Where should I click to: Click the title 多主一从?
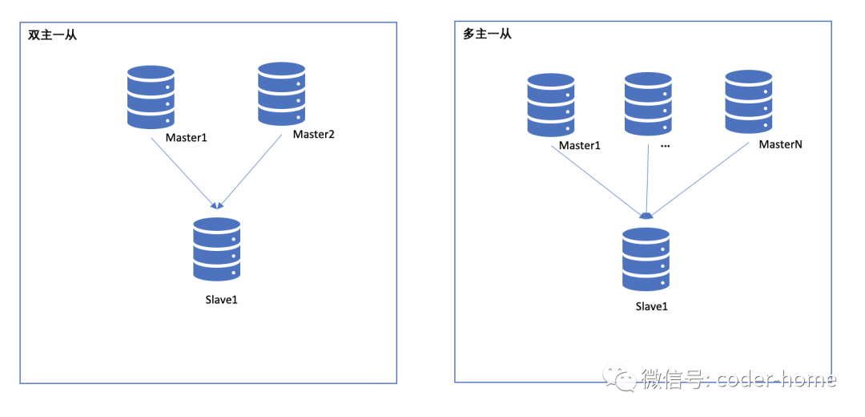[x=487, y=34]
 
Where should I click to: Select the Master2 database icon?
[x=281, y=94]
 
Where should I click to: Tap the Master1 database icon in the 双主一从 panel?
[x=151, y=96]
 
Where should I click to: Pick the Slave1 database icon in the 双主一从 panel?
[x=216, y=249]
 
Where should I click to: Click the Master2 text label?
[x=313, y=134]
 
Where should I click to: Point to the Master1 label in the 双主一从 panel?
[x=187, y=137]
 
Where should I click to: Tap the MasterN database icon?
[x=748, y=101]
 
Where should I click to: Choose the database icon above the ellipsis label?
[x=648, y=103]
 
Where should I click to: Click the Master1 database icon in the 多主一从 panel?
[x=551, y=106]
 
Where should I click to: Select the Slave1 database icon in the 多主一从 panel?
[x=646, y=259]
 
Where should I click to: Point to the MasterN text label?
[x=780, y=144]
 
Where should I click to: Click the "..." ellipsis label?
[x=665, y=147]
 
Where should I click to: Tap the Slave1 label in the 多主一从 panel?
[x=651, y=306]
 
